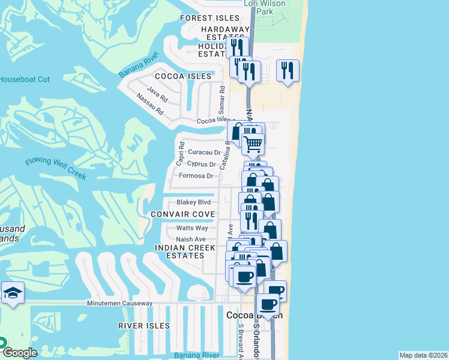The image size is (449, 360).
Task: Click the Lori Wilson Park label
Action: (x=264, y=7)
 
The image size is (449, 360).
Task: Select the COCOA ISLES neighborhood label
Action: (x=183, y=77)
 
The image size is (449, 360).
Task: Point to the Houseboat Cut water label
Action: (x=25, y=79)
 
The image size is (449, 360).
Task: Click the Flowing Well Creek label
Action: (x=56, y=169)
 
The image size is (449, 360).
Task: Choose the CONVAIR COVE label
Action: (x=182, y=215)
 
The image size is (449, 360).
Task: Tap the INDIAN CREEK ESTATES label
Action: (x=179, y=251)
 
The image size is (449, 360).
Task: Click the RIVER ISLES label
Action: (x=143, y=326)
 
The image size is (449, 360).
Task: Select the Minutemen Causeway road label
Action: (x=120, y=304)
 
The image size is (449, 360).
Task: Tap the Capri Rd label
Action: (x=179, y=154)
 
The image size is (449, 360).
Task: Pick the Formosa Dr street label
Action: (x=196, y=176)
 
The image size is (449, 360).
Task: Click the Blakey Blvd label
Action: (x=193, y=202)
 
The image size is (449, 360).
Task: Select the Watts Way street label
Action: (x=192, y=228)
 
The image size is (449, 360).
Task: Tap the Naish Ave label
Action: (x=191, y=239)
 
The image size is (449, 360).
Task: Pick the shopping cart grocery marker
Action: (x=253, y=143)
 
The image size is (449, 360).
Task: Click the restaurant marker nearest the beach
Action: (x=288, y=70)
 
